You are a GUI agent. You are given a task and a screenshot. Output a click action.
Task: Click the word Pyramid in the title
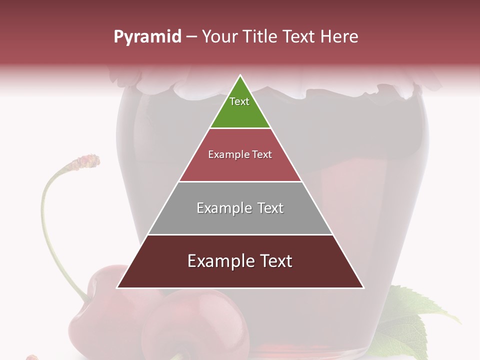pyautogui.click(x=147, y=37)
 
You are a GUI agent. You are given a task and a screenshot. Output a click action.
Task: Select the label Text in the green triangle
pyautogui.click(x=239, y=101)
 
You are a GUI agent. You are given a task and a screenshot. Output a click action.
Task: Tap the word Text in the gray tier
pyautogui.click(x=270, y=208)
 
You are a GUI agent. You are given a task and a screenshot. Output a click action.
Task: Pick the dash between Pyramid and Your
pyautogui.click(x=191, y=37)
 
